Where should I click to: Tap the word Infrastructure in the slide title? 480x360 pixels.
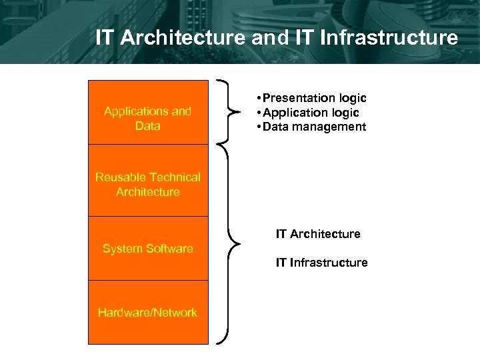(389, 37)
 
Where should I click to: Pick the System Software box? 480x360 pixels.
(148, 249)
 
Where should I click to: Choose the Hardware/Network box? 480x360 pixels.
(148, 312)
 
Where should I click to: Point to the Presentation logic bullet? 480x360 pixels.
(311, 98)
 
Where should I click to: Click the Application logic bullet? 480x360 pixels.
(308, 113)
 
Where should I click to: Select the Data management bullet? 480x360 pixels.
(311, 127)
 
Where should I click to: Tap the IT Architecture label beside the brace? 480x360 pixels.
(318, 234)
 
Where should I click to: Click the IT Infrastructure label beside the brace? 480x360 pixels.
(321, 263)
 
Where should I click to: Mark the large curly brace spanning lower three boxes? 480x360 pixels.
(230, 244)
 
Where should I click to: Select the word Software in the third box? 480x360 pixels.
(171, 249)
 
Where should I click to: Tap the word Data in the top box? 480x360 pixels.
(147, 126)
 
